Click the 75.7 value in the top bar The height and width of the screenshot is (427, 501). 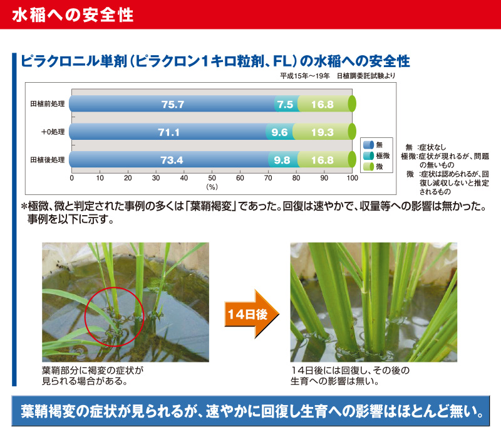[x=173, y=104]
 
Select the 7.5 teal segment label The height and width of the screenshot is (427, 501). [x=285, y=104]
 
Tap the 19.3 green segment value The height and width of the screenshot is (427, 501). [x=323, y=132]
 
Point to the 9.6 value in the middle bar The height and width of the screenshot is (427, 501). [x=279, y=132]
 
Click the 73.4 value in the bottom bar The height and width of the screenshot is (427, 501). [x=172, y=160]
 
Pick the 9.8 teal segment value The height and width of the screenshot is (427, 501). [x=282, y=160]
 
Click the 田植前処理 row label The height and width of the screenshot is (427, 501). [x=48, y=104]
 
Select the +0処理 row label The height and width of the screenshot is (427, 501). [x=53, y=132]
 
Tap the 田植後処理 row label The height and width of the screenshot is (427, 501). [x=48, y=160]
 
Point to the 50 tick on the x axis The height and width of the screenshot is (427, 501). [x=212, y=178]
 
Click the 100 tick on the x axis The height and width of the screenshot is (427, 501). [x=353, y=178]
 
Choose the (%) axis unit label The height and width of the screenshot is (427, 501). [x=212, y=187]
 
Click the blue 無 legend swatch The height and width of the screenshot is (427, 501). [x=369, y=145]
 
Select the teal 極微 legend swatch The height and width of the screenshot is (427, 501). [x=369, y=156]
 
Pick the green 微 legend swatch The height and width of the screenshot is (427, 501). [x=369, y=166]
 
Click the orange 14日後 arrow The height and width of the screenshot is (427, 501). [x=252, y=314]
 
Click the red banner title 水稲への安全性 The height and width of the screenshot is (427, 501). [x=73, y=15]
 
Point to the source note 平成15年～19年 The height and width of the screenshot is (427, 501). [x=305, y=76]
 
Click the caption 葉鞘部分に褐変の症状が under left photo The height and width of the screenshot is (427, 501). [x=93, y=371]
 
